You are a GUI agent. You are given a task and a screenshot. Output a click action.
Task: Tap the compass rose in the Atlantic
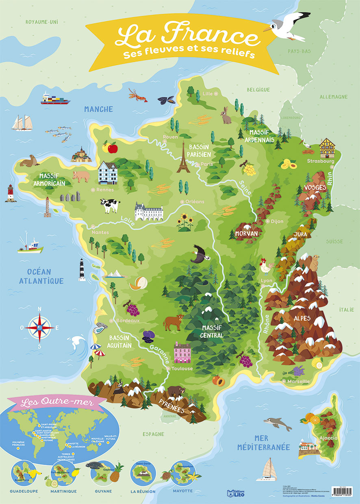point(39,327)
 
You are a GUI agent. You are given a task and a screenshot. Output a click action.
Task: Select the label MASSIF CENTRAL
point(212,332)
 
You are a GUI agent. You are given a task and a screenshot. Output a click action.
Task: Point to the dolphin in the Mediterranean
point(277,423)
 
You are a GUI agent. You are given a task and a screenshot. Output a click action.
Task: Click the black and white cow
point(110,205)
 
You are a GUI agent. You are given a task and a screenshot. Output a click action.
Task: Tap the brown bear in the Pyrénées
point(176,392)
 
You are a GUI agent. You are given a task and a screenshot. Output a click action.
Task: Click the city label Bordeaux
point(128,320)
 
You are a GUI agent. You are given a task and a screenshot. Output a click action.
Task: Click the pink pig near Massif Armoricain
point(80,176)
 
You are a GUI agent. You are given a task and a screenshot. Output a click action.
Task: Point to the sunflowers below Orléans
point(185,222)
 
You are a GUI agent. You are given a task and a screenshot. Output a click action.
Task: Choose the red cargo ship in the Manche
point(55,99)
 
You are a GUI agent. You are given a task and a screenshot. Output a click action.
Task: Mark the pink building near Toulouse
point(182,352)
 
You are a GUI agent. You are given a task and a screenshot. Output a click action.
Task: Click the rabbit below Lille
point(226,115)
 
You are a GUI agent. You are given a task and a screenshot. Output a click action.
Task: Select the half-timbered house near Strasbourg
point(327,148)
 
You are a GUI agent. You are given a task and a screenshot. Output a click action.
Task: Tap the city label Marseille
point(298,381)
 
